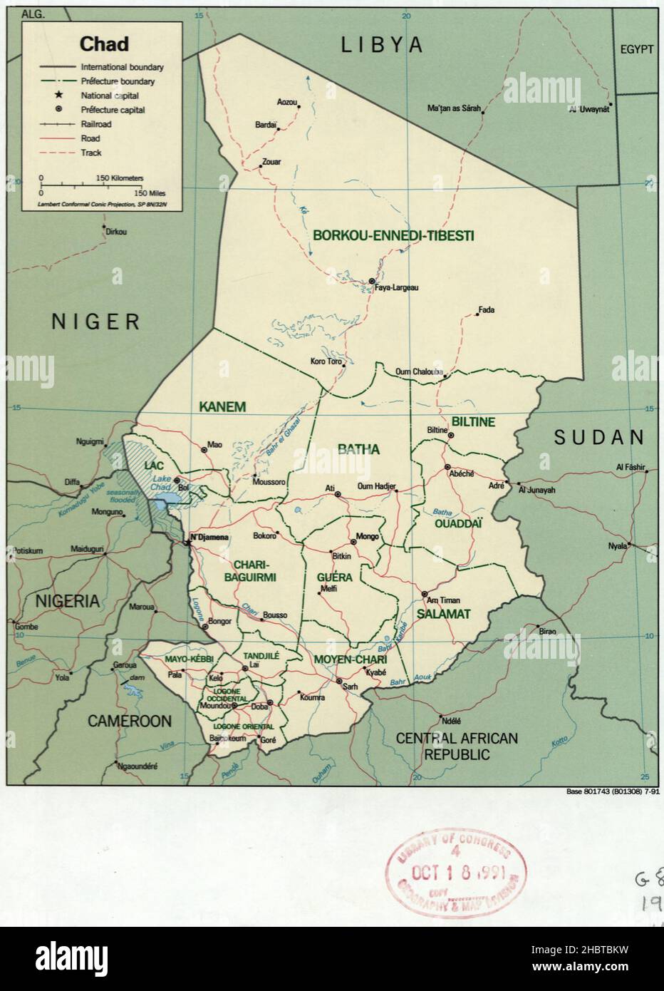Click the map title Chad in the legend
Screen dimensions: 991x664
click(104, 44)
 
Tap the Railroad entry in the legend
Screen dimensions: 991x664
click(95, 124)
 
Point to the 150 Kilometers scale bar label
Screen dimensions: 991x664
click(119, 178)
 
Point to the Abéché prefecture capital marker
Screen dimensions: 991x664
click(447, 468)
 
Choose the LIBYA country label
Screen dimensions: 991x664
click(382, 46)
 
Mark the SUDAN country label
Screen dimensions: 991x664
click(599, 437)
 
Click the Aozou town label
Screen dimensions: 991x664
click(286, 102)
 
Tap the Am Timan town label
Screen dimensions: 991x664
click(445, 600)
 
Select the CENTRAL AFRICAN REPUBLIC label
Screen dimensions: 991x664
click(457, 746)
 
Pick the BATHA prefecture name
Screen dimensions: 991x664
click(358, 450)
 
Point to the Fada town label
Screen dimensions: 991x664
click(487, 310)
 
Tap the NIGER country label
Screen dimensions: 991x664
click(96, 322)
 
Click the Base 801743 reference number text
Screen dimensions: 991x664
click(612, 791)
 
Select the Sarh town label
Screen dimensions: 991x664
click(350, 687)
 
